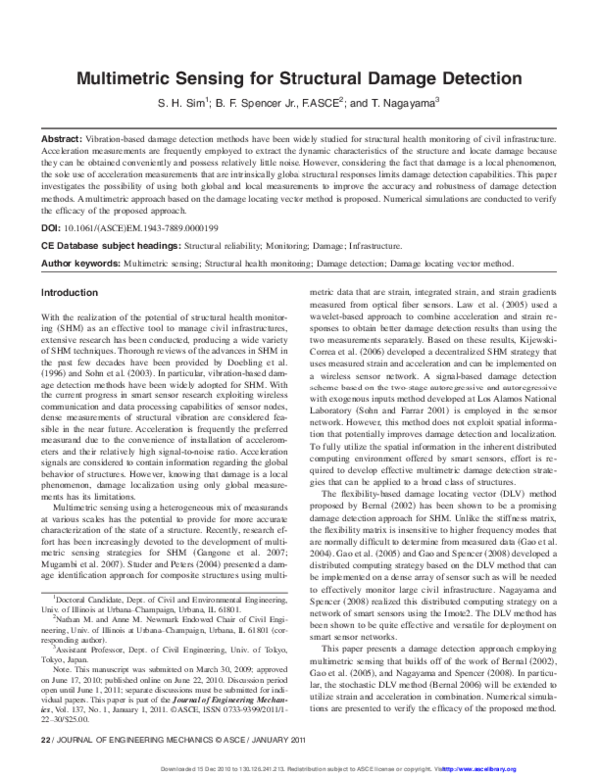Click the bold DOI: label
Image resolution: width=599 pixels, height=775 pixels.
coord(50,229)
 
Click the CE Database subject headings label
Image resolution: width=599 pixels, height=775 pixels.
coord(105,244)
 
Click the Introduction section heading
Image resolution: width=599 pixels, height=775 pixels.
coord(68,293)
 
